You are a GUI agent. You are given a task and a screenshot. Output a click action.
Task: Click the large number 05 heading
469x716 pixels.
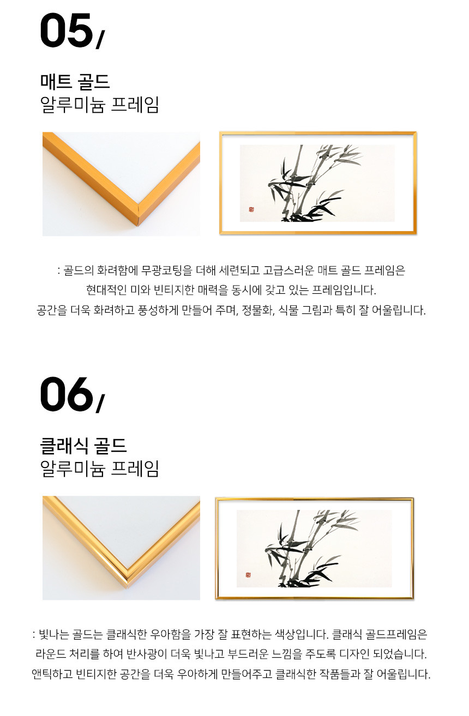pos(66,31)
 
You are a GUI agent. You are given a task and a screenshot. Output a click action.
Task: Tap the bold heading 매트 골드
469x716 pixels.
pos(75,82)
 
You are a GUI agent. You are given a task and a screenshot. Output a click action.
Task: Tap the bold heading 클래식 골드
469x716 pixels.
pos(83,446)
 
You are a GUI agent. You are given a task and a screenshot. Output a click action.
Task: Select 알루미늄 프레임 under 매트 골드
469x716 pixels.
pos(99,105)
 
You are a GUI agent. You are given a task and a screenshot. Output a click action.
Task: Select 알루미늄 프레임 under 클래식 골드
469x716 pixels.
pos(99,469)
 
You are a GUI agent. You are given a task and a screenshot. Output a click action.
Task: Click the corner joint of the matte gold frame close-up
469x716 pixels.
pos(138,214)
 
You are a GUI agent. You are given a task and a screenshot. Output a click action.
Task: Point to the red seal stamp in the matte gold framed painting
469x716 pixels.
pos(251,209)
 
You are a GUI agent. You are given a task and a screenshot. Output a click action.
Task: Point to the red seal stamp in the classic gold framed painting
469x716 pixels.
pos(248,575)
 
